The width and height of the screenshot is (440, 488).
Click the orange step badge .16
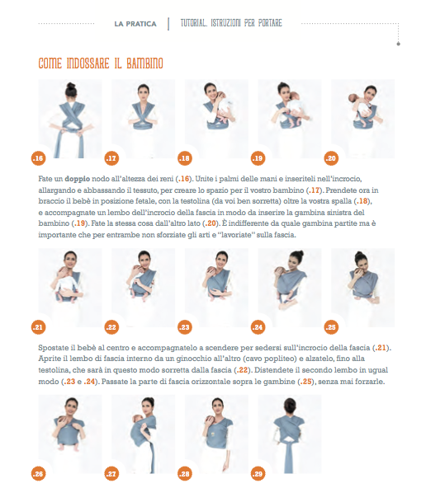point(38,158)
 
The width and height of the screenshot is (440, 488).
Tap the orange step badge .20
point(331,158)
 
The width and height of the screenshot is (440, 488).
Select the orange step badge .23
point(185,327)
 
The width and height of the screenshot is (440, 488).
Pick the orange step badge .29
point(258,474)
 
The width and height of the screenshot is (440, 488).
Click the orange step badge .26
point(38,474)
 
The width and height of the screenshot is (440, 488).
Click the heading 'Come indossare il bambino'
point(101,63)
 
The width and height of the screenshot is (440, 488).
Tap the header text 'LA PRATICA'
point(135,24)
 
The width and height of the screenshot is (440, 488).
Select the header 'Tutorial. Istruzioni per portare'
point(231,23)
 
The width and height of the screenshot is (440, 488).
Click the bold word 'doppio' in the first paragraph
point(78,179)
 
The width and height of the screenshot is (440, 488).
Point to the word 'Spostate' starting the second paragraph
point(52,348)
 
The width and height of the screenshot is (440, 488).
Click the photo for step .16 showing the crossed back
point(70,119)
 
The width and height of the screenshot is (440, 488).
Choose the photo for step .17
point(144,119)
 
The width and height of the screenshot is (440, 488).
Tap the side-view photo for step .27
point(144,434)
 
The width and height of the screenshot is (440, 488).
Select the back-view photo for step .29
point(290,434)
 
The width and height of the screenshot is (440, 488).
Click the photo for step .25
point(362,288)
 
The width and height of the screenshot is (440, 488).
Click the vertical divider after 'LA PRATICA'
point(168,24)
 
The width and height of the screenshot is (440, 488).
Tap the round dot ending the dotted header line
point(398,44)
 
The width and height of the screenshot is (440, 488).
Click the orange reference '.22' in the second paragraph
point(242,370)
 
